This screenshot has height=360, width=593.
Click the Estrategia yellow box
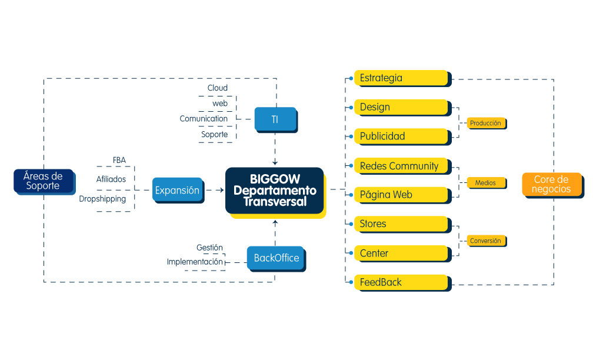click(400, 78)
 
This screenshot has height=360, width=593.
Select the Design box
click(400, 107)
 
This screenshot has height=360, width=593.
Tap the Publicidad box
click(400, 136)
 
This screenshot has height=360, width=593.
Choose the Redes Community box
click(400, 166)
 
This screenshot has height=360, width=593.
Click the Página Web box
click(400, 195)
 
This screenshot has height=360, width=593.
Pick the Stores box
click(400, 224)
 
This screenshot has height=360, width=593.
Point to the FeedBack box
click(400, 282)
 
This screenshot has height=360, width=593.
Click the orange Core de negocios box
click(551, 184)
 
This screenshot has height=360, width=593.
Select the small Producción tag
click(485, 124)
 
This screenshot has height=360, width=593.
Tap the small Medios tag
click(485, 183)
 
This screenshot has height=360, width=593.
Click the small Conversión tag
click(485, 241)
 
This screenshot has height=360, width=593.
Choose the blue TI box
click(275, 119)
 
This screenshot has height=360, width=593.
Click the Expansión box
click(177, 190)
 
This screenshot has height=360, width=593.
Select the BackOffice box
click(276, 258)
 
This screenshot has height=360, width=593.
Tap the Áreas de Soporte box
click(44, 181)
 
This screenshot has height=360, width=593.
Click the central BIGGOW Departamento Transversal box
click(275, 191)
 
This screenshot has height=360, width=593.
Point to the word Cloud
click(218, 88)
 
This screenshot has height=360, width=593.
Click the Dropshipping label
click(102, 199)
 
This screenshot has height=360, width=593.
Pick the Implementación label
click(195, 261)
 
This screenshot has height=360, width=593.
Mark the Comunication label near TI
click(204, 119)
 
